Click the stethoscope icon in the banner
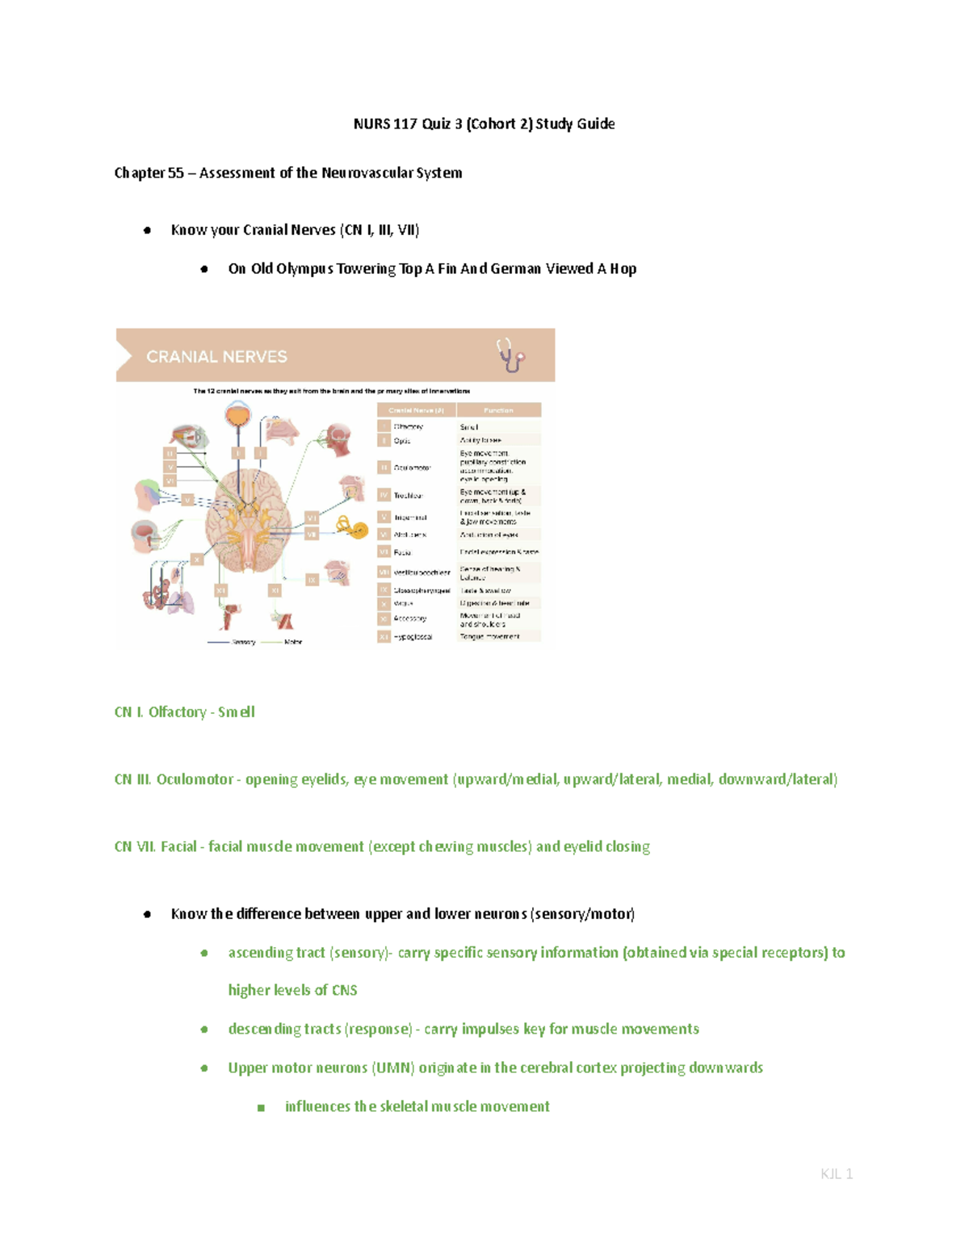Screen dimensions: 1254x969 [x=510, y=355]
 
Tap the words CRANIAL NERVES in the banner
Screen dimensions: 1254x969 [x=216, y=357]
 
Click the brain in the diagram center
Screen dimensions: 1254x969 [x=248, y=517]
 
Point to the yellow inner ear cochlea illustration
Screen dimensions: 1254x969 [x=354, y=529]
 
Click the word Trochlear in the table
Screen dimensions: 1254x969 [x=408, y=496]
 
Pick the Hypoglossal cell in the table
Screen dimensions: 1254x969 [x=413, y=637]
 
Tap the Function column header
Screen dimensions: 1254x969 [x=498, y=410]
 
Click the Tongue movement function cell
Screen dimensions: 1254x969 [x=490, y=637]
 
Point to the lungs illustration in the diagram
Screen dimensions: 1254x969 [x=179, y=601]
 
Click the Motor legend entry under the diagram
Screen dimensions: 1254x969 [x=292, y=642]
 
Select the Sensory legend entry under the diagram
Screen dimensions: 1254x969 [x=243, y=642]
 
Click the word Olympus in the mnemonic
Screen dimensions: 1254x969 [x=304, y=269]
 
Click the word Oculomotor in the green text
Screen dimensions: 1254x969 [x=195, y=780]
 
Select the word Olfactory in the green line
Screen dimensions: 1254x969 [x=177, y=712]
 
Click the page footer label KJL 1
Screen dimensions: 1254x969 [x=836, y=1174]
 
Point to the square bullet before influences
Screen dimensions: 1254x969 [x=261, y=1108]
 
